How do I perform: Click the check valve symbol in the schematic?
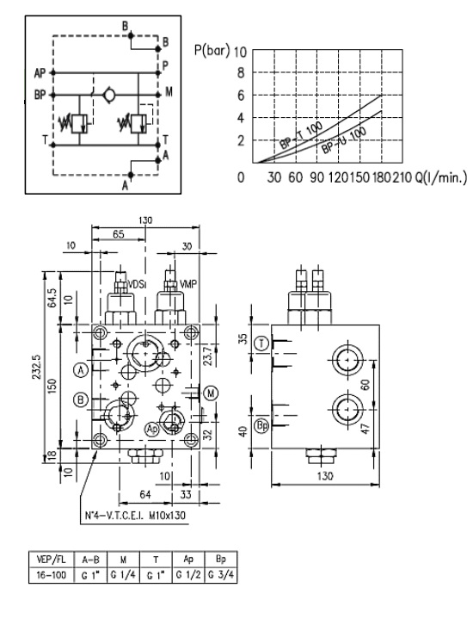107,93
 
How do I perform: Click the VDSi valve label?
138,283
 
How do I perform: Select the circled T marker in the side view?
262,344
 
